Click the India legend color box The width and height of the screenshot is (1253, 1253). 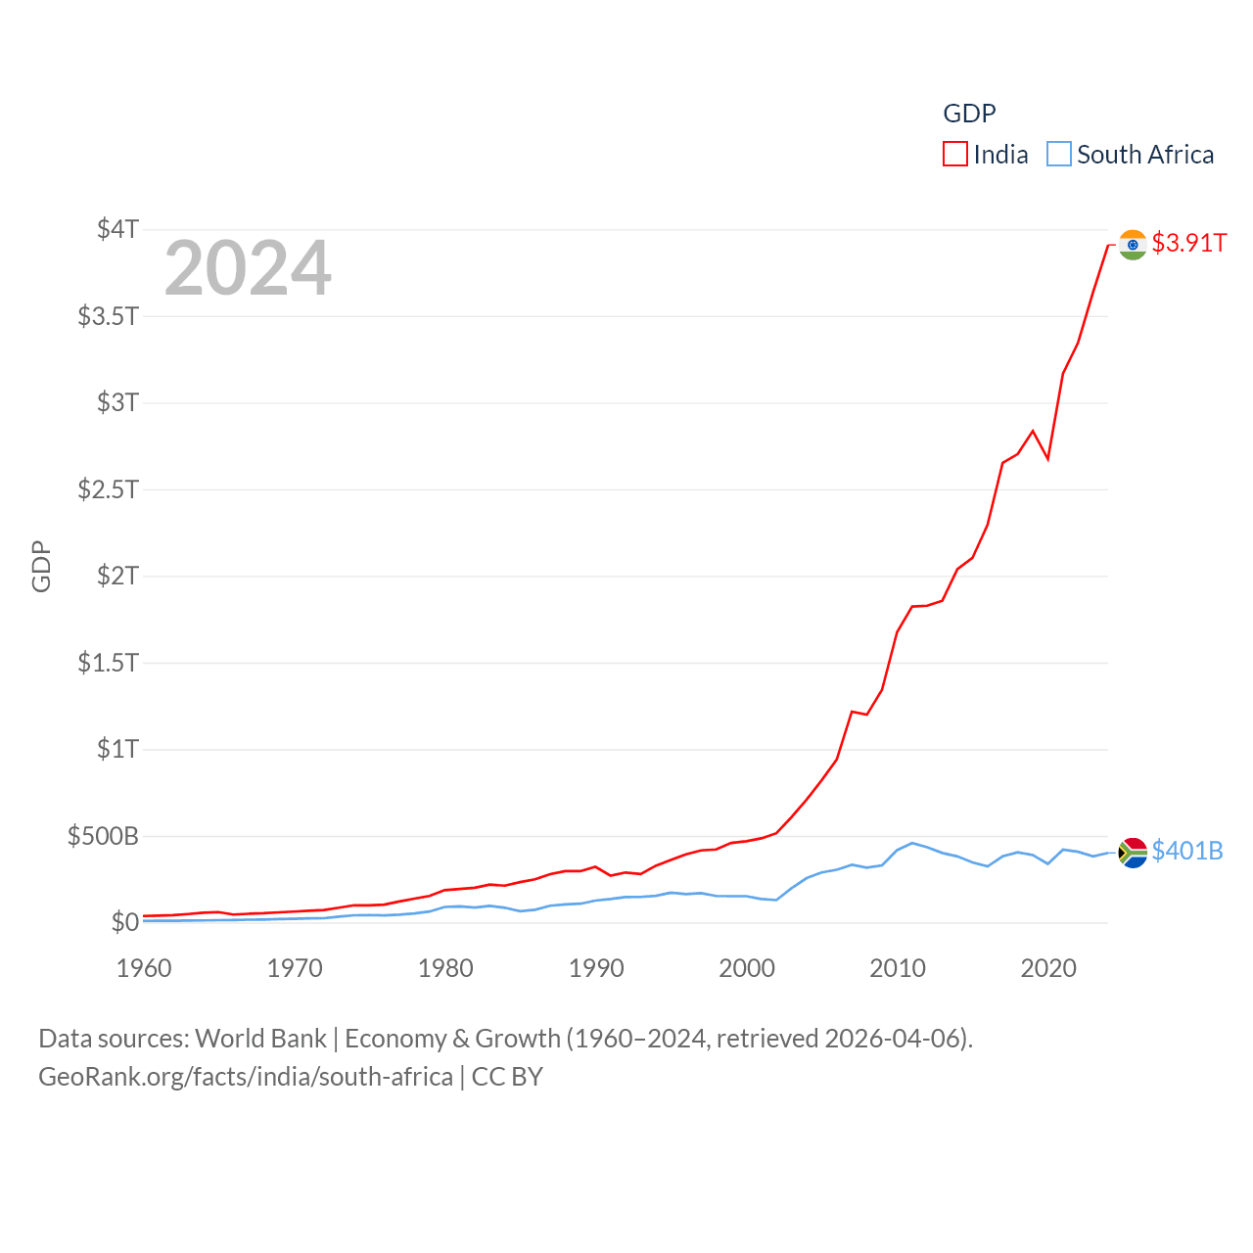[x=955, y=155]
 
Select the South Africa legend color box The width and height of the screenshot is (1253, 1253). [x=1059, y=155]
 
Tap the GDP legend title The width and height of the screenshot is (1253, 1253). [x=969, y=114]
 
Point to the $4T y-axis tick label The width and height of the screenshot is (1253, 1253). [x=117, y=229]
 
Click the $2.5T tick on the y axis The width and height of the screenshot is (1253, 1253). [x=108, y=488]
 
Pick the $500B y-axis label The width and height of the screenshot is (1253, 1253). [x=103, y=836]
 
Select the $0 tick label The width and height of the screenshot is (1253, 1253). [x=124, y=922]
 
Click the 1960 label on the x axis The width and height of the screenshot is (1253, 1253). [x=144, y=968]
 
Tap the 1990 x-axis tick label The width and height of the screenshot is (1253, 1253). [x=596, y=968]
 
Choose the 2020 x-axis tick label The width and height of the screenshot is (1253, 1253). [x=1048, y=968]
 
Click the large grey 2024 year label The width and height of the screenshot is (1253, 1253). [x=248, y=268]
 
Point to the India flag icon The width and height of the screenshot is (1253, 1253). [x=1133, y=245]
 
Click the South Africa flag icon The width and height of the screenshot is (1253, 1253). [x=1133, y=853]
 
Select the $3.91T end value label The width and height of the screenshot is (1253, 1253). [x=1188, y=243]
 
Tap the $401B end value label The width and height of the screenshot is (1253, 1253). [x=1187, y=851]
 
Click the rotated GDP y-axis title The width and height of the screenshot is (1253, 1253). [x=41, y=566]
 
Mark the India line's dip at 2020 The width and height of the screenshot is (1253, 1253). [x=1047, y=458]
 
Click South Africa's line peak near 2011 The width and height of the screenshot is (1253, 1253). [x=912, y=843]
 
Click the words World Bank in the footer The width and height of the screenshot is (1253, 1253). [x=260, y=1038]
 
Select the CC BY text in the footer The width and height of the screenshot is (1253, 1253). [x=507, y=1077]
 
